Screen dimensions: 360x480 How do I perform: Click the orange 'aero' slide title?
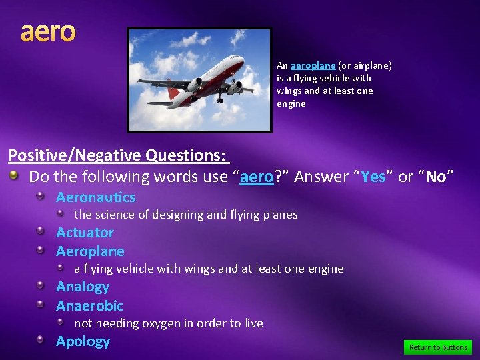pos(48,31)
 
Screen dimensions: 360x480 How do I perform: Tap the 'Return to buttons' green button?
pos(437,347)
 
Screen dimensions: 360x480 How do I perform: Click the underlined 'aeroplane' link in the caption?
pos(313,65)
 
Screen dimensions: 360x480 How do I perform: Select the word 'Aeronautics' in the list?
pos(95,197)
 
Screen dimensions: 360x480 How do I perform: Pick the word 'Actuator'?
pos(85,233)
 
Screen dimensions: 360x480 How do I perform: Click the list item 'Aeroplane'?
pos(90,251)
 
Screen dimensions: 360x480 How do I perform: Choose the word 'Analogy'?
pos(83,287)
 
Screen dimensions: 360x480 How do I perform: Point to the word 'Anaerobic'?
pos(89,306)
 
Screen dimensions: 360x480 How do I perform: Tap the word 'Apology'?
pos(83,341)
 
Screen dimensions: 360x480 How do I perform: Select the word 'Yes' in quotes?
pos(373,177)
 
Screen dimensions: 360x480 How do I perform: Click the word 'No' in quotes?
pos(435,177)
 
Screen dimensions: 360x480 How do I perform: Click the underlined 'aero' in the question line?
pos(257,177)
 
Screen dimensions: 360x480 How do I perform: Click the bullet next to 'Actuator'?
pos(41,233)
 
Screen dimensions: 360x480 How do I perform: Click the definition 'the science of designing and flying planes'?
pos(185,215)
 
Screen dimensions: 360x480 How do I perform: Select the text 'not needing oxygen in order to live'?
pos(168,323)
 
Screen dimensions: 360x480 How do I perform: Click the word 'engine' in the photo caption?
pos(291,103)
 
